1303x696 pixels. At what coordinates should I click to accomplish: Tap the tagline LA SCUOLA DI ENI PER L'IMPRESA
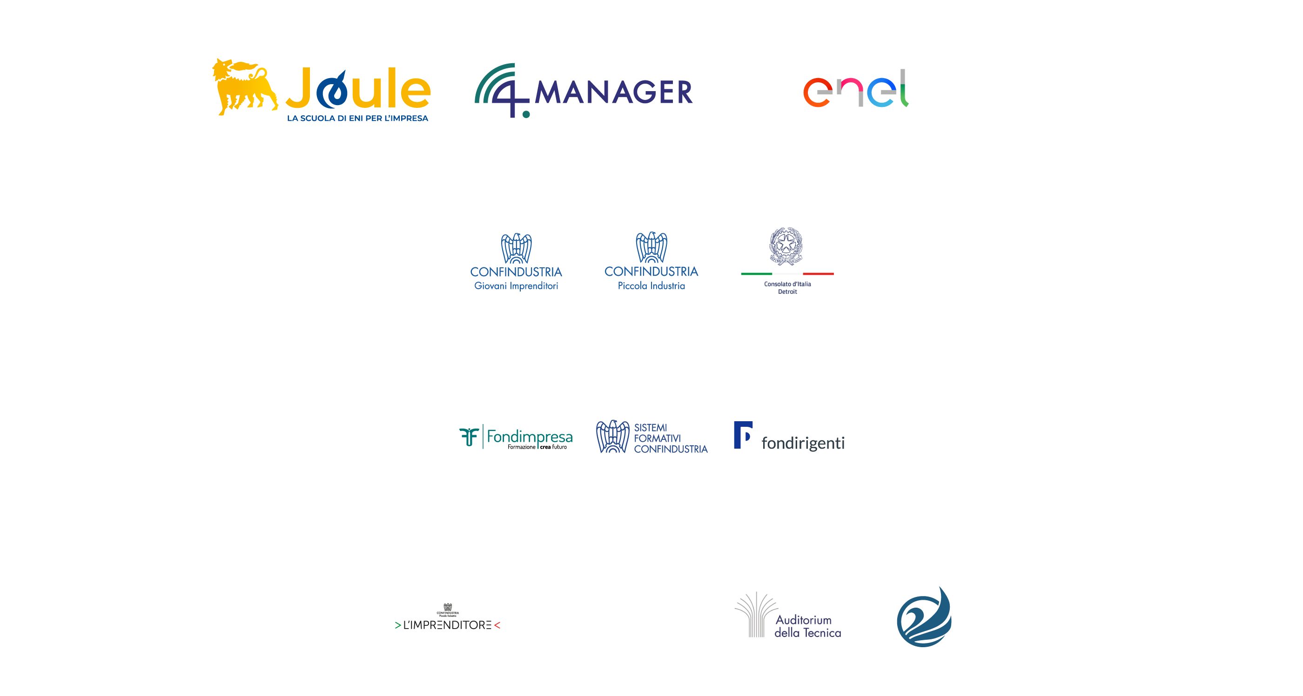pyautogui.click(x=357, y=118)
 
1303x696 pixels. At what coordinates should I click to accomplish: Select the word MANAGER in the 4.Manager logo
pyautogui.click(x=613, y=93)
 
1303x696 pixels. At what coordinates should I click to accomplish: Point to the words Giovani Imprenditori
pyautogui.click(x=516, y=286)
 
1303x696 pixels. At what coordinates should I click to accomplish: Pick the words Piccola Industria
pyautogui.click(x=651, y=286)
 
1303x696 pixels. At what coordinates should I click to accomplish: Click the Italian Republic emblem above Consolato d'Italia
pyautogui.click(x=786, y=246)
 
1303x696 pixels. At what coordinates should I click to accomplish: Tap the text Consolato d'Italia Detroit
pyautogui.click(x=787, y=288)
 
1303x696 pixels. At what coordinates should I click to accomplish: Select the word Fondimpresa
pyautogui.click(x=530, y=436)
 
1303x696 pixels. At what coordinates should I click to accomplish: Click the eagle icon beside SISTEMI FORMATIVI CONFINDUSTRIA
pyautogui.click(x=612, y=437)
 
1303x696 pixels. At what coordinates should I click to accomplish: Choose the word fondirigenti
pyautogui.click(x=803, y=443)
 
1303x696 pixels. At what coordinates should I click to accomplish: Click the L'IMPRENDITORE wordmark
pyautogui.click(x=448, y=625)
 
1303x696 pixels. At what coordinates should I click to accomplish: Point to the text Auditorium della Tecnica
pyautogui.click(x=807, y=626)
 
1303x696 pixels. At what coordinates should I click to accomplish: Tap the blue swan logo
pyautogui.click(x=924, y=616)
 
